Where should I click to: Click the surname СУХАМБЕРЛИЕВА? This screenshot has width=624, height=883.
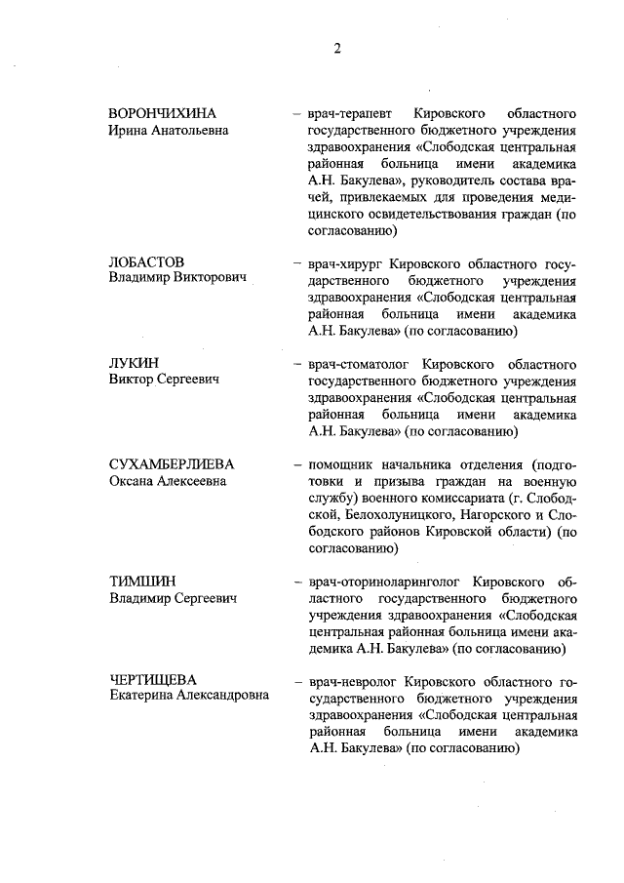click(x=172, y=463)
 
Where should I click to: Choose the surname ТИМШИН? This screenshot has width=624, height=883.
click(x=141, y=582)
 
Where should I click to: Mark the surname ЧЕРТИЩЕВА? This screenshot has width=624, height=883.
click(x=154, y=681)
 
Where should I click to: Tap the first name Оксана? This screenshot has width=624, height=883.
click(x=136, y=481)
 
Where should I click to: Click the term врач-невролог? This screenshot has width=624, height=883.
click(x=350, y=681)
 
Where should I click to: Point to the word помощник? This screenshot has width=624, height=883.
click(x=344, y=463)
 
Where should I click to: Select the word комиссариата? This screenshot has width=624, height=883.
click(x=457, y=498)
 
